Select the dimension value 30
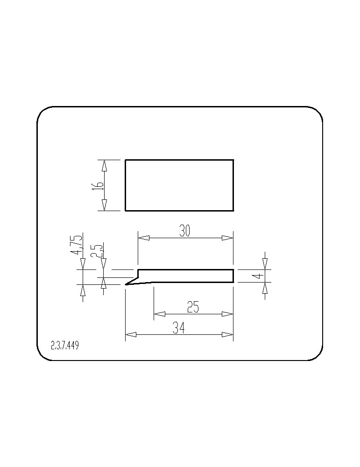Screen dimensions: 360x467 (184, 231)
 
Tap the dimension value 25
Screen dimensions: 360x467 (193, 307)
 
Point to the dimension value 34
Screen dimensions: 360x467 (179, 328)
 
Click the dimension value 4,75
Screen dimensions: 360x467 (76, 245)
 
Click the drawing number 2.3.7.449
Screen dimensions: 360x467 (65, 346)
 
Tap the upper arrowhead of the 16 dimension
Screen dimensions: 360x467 (104, 165)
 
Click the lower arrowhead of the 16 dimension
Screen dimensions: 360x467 (104, 205)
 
